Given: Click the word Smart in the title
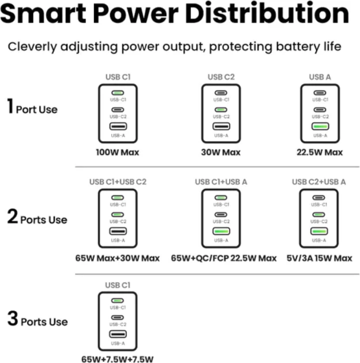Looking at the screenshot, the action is pos(43,13).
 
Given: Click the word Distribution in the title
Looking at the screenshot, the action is pos(267,13).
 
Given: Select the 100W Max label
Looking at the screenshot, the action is pos(118,152).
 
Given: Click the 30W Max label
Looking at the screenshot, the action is pos(221,152).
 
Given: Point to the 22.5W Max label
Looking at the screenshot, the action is pos(320,152).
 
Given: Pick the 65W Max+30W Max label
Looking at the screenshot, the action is pos(118,258).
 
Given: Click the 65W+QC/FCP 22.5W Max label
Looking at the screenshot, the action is pos(224,258).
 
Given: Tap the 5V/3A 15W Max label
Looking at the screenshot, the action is pos(320,258).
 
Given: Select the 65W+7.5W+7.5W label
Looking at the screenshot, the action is pos(118,359).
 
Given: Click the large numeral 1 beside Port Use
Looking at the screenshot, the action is pos(10,106).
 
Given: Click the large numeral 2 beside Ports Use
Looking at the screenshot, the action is pos(13,216).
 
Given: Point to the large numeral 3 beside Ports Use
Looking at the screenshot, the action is pos(13,318).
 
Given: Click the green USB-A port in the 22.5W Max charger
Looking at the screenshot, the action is pos(320,126).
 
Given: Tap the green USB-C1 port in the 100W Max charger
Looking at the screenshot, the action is pos(118,93).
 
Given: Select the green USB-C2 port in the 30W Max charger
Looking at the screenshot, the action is pos(221,109).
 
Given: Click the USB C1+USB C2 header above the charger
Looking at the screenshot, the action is pos(118,182).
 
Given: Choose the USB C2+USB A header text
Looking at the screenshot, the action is pos(319,182).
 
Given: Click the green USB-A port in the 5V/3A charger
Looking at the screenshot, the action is pos(319,231).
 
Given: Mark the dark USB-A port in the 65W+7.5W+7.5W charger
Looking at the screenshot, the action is pos(118,334).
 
